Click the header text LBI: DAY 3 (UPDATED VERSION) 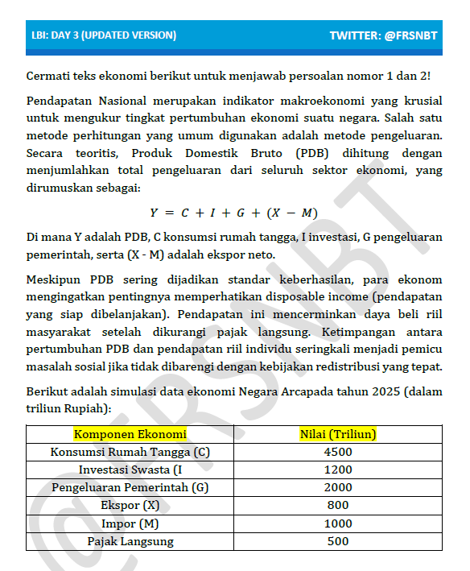click(x=104, y=35)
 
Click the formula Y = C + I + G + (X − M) click(x=233, y=213)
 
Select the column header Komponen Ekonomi click(x=130, y=434)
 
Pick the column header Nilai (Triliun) click(x=338, y=434)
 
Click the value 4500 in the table click(x=338, y=452)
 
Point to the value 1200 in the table click(x=338, y=470)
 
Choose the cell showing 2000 click(x=338, y=487)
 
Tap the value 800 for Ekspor click(x=338, y=505)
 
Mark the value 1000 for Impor click(x=338, y=523)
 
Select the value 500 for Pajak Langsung click(x=338, y=541)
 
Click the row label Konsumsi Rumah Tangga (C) click(x=130, y=452)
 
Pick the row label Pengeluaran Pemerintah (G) click(x=130, y=487)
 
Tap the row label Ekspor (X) click(x=130, y=505)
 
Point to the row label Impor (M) click(x=130, y=523)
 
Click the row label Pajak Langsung click(x=130, y=541)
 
